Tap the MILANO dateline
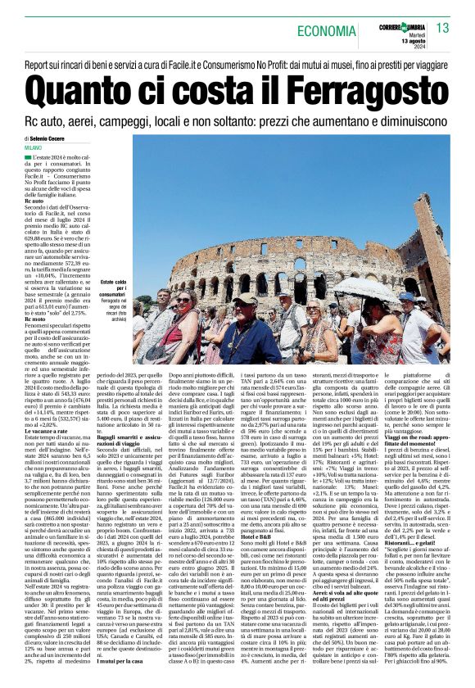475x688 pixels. (x=35, y=147)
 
